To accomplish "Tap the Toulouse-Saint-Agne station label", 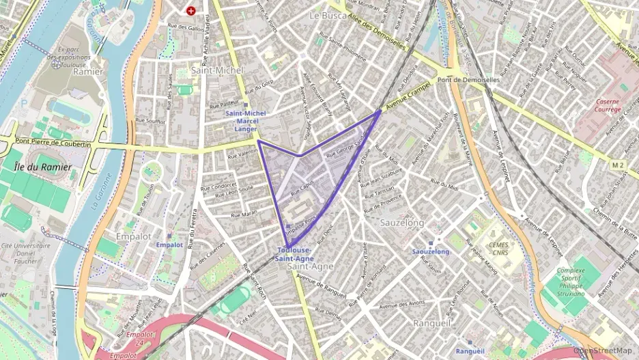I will click(x=295, y=255).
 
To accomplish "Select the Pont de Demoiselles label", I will click(x=469, y=80).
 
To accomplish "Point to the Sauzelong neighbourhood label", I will click(x=401, y=223).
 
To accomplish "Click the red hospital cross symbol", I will click(x=190, y=11).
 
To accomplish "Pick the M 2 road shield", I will click(x=619, y=165).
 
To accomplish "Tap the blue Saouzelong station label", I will click(x=431, y=252).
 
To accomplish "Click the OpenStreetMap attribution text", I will click(x=605, y=351).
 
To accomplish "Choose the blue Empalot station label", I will click(x=169, y=245).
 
